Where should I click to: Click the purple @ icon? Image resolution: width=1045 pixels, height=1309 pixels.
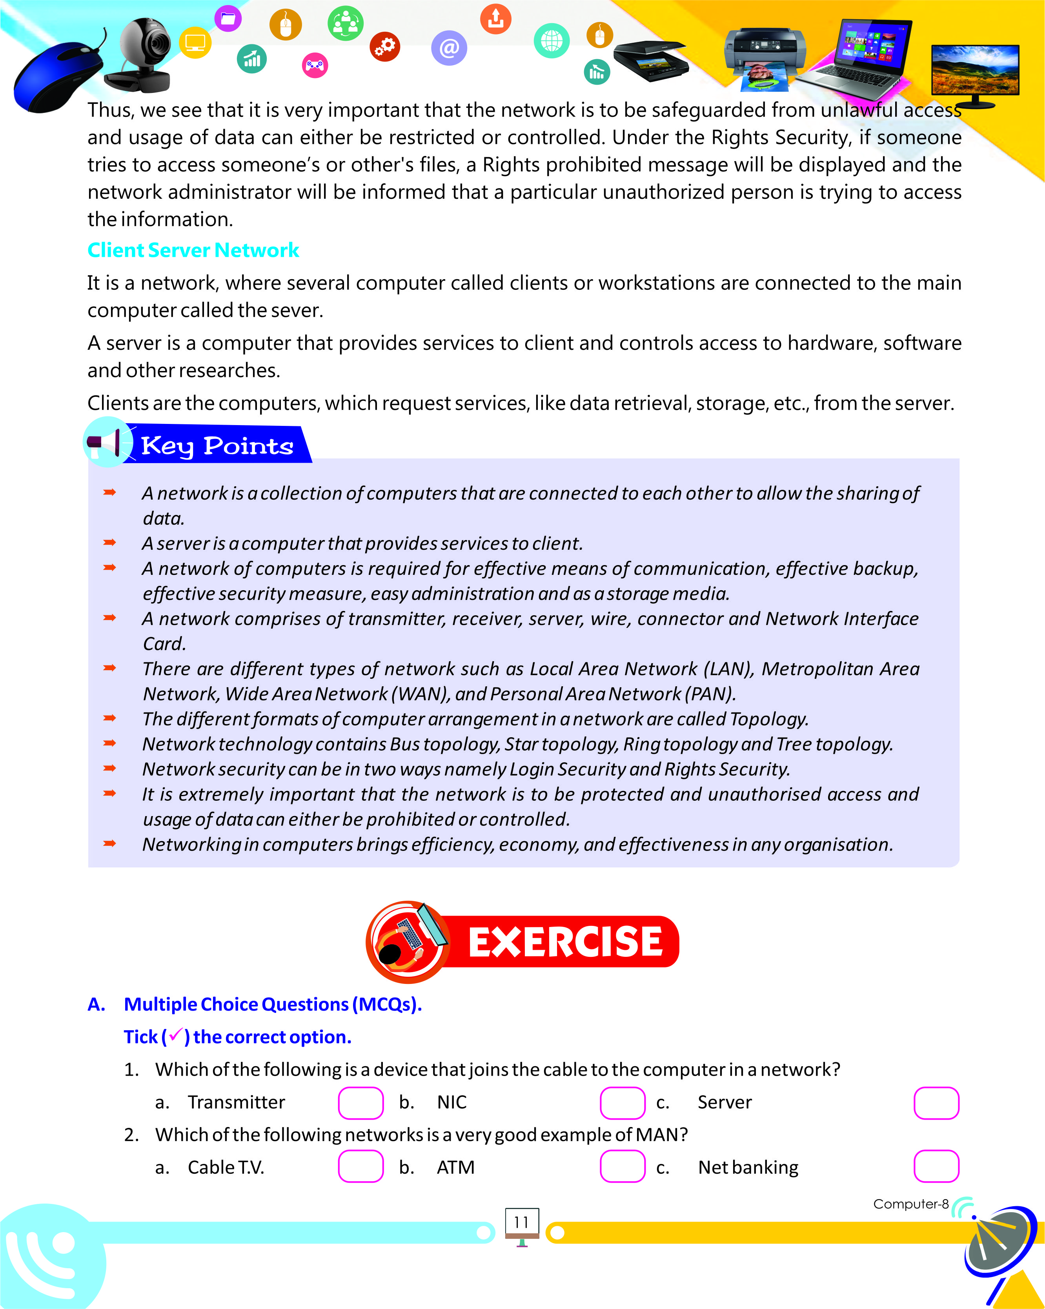point(449,48)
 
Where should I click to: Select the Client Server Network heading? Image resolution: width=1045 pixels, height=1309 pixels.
point(193,250)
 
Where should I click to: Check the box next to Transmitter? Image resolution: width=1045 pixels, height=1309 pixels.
point(360,1103)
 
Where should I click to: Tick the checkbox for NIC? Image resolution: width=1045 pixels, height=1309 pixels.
point(623,1103)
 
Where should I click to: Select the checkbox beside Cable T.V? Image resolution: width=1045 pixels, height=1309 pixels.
point(360,1166)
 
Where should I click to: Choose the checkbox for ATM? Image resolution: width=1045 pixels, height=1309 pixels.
point(623,1166)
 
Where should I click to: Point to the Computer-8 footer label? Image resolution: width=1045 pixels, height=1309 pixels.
point(910,1204)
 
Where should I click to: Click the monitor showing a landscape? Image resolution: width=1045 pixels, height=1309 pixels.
point(975,72)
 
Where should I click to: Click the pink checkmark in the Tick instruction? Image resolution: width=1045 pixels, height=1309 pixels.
point(175,1035)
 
